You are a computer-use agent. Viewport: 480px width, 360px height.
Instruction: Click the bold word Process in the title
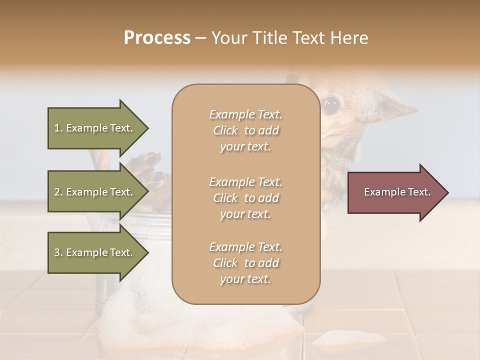(157, 38)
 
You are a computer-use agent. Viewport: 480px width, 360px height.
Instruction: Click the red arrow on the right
(395, 192)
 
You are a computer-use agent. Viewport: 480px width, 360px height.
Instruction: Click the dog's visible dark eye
(330, 105)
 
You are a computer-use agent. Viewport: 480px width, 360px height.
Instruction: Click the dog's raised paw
(147, 167)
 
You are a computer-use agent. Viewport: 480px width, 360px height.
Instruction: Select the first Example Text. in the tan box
(245, 114)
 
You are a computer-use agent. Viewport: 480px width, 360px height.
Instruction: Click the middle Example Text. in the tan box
(245, 182)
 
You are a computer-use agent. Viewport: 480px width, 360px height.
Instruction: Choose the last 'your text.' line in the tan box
(245, 279)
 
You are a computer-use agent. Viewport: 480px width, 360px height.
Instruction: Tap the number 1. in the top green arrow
(58, 128)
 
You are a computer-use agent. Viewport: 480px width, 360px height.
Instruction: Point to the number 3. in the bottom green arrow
(58, 252)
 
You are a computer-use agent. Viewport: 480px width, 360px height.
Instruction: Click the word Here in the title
(350, 38)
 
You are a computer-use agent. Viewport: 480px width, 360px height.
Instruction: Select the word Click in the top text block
(225, 130)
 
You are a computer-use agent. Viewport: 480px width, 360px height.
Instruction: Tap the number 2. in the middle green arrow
(58, 192)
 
